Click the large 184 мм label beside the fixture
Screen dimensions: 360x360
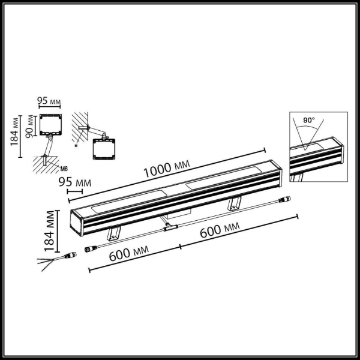(50, 230)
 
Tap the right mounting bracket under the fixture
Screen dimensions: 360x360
(234, 203)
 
